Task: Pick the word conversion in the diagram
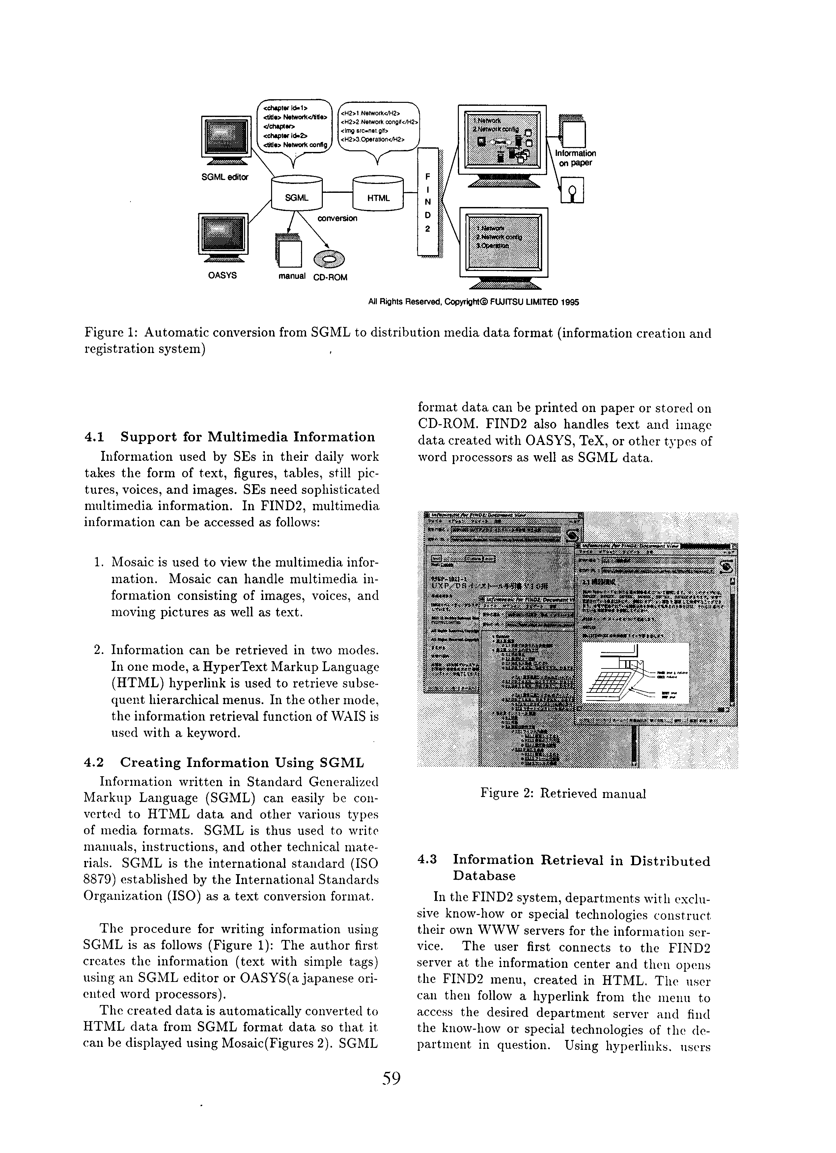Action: [337, 219]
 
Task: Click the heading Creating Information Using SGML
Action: [242, 763]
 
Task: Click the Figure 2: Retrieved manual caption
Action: [563, 794]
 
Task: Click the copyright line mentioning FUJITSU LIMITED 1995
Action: [473, 302]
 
